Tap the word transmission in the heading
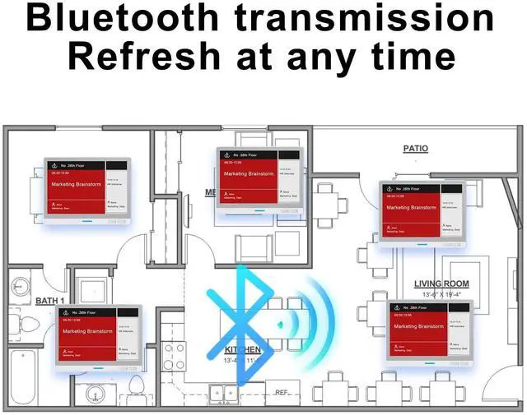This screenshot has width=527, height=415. (x=373, y=18)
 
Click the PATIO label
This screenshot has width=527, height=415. (x=415, y=149)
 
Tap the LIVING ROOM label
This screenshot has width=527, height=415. (x=441, y=284)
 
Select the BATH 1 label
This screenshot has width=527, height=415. (x=50, y=302)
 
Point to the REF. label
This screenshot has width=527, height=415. (x=283, y=393)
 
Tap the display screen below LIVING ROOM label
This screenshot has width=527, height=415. (x=433, y=332)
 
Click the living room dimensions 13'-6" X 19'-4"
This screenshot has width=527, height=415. (x=441, y=294)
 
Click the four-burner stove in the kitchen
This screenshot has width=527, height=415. (x=174, y=355)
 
